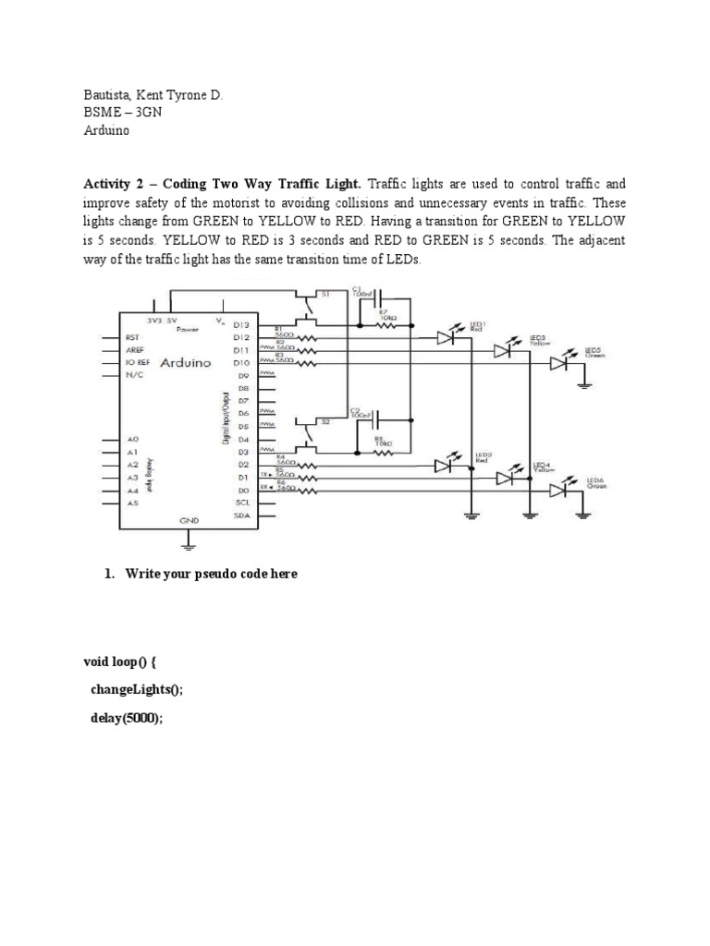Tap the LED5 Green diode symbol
[558, 364]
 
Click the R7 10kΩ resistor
[384, 324]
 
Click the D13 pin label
[241, 325]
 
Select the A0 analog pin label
[133, 439]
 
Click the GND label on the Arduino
[189, 522]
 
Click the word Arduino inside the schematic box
[186, 363]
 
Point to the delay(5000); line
[126, 720]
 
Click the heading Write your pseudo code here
[207, 574]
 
